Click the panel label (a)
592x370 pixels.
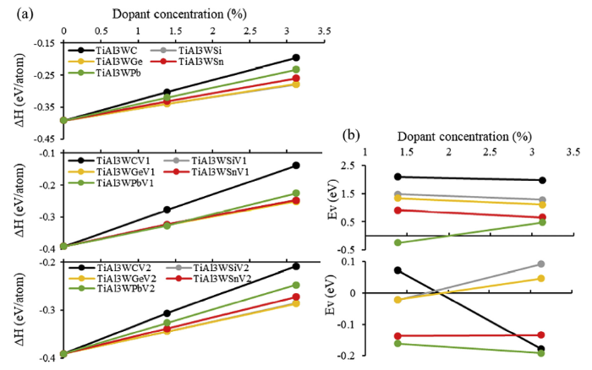pos(14,10)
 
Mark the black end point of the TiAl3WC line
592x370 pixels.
pos(295,57)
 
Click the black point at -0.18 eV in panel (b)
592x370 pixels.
pos(541,349)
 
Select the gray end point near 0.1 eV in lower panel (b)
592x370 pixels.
pos(541,264)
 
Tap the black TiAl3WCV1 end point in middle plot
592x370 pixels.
pos(295,166)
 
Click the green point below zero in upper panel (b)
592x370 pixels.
pos(398,243)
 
